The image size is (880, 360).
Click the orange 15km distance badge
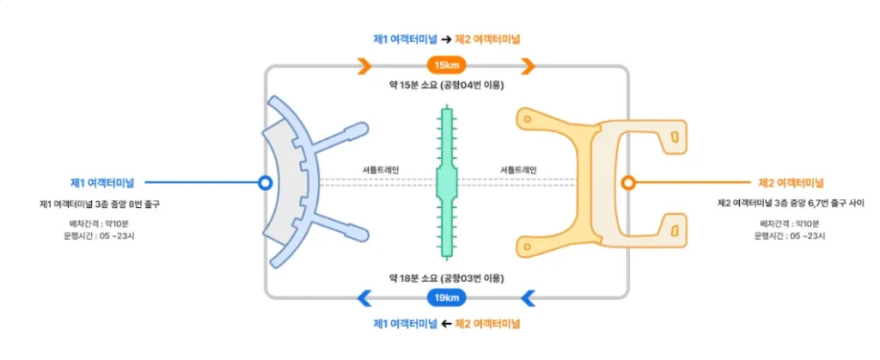click(x=446, y=66)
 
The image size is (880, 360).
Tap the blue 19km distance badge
click(x=446, y=298)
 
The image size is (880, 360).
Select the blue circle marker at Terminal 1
click(x=266, y=183)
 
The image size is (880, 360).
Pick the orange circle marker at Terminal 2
click(x=628, y=183)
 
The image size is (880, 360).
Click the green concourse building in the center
click(x=446, y=182)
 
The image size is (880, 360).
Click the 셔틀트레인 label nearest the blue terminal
click(x=382, y=170)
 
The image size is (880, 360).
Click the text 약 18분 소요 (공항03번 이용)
click(x=446, y=278)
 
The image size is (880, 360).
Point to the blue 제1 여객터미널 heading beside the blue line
click(x=107, y=183)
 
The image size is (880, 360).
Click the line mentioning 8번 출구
click(x=100, y=204)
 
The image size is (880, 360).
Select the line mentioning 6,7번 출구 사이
click(x=791, y=204)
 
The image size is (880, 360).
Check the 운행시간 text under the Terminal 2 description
click(x=791, y=235)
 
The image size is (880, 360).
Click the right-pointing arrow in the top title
click(x=446, y=39)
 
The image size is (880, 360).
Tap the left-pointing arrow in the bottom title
click(x=446, y=324)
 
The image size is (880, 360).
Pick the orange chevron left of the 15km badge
click(x=364, y=66)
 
